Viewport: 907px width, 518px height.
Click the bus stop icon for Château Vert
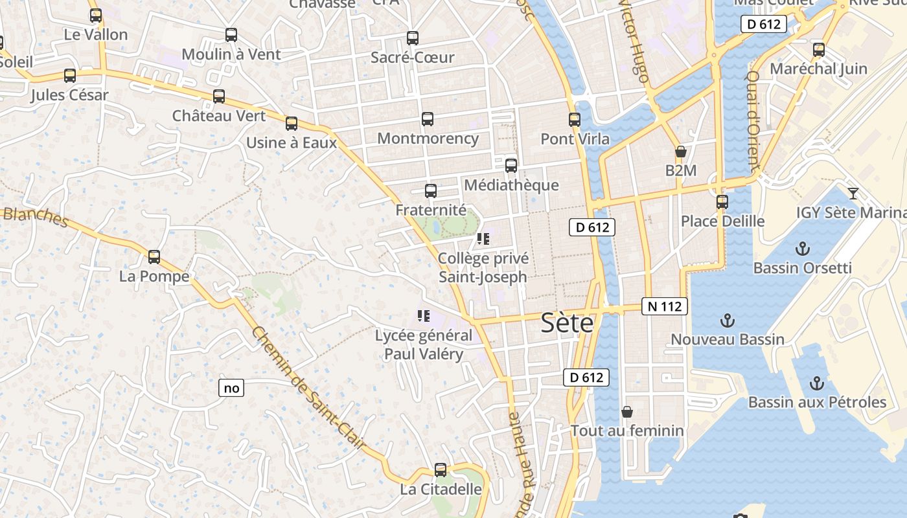point(219,96)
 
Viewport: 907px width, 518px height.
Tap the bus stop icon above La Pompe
point(154,257)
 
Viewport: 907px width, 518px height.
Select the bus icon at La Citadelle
point(441,470)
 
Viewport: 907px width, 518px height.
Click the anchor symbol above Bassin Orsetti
point(803,249)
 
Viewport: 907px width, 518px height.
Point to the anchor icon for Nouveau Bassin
point(728,320)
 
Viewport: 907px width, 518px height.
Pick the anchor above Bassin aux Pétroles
point(816,383)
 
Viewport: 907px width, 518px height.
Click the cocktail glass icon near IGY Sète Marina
point(853,193)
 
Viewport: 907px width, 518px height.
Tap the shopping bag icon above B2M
point(680,152)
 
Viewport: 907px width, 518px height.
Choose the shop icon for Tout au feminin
point(626,412)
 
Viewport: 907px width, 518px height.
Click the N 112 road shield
point(664,306)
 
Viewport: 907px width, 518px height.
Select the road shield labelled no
point(231,388)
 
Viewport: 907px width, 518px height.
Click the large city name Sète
point(567,322)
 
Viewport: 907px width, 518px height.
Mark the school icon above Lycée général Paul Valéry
point(424,317)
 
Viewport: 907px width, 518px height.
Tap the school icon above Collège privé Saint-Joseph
point(483,239)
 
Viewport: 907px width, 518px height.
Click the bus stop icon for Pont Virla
point(574,120)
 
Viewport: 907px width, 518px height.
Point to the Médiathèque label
point(511,185)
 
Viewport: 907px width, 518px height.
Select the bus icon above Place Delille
point(722,202)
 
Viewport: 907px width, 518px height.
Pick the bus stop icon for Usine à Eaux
point(292,124)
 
